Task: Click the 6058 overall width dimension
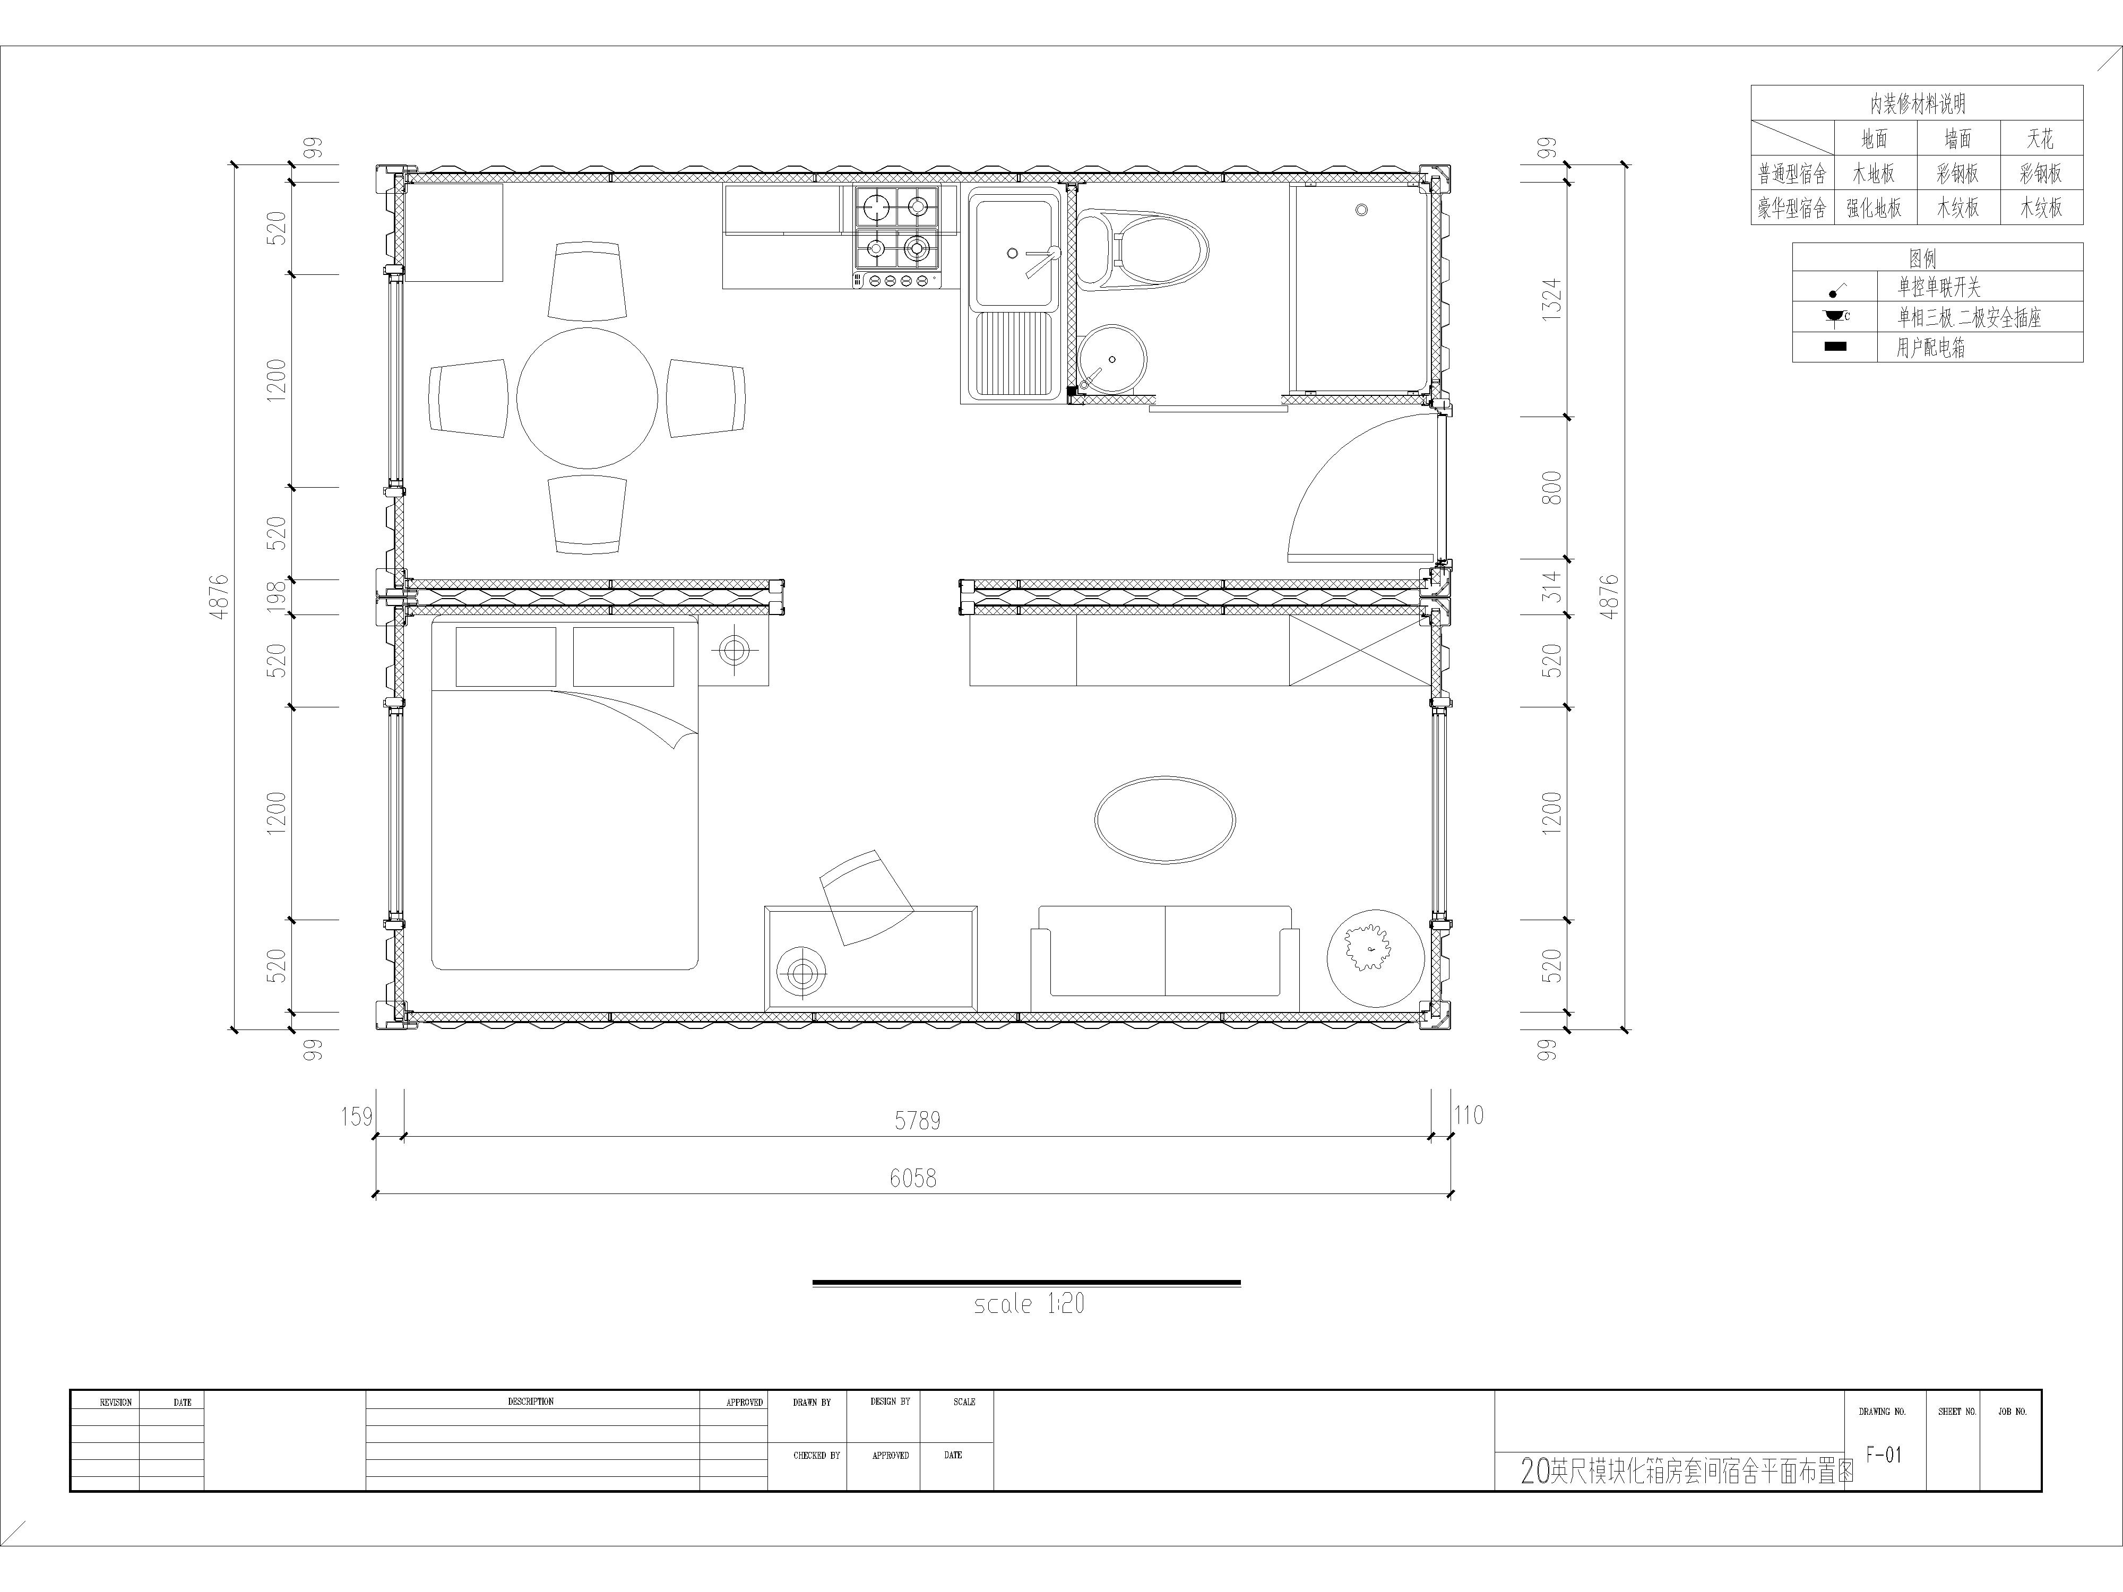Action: (913, 1178)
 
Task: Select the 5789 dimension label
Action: (918, 1120)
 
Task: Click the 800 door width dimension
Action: (1551, 488)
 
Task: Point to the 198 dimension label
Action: (277, 597)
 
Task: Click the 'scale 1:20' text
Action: (1029, 1303)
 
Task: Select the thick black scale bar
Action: (1026, 1282)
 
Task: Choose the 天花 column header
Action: (2040, 139)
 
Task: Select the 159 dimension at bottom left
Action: (356, 1116)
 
